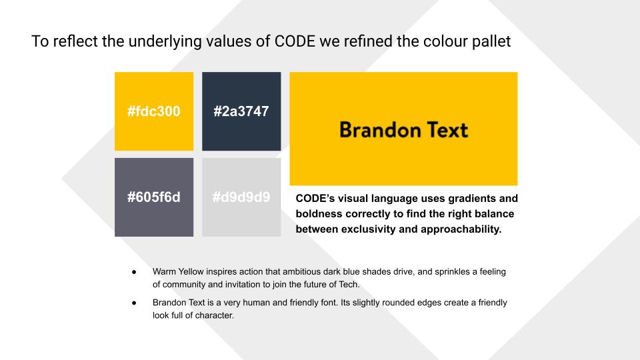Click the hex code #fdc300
click(x=154, y=111)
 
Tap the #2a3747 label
click(x=241, y=111)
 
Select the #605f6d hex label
click(x=154, y=197)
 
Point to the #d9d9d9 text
click(x=241, y=197)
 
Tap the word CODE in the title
click(x=295, y=41)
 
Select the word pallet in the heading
click(x=491, y=41)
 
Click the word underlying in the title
click(x=165, y=41)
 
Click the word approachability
click(x=461, y=229)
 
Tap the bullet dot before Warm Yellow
click(x=134, y=272)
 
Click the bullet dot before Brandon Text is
click(x=134, y=303)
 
